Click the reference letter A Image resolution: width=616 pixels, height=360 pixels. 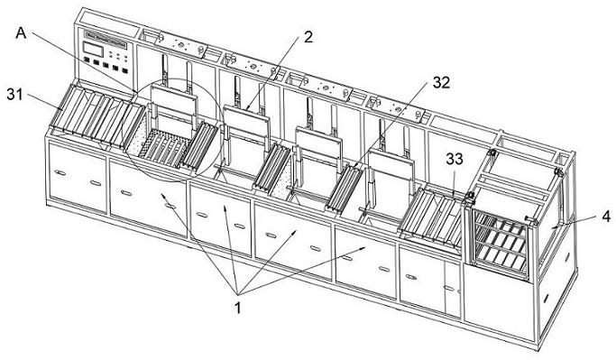pyautogui.click(x=22, y=33)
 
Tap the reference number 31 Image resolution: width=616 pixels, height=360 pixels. pyautogui.click(x=15, y=95)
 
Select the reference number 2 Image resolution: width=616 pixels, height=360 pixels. pyautogui.click(x=308, y=37)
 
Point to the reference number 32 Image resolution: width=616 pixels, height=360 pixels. pyautogui.click(x=441, y=82)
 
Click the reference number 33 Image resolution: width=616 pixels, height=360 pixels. pyautogui.click(x=455, y=159)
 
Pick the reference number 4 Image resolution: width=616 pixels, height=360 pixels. pyautogui.click(x=607, y=216)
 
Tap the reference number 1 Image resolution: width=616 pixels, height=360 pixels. pyautogui.click(x=237, y=308)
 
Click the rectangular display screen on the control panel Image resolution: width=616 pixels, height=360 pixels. pyautogui.click(x=92, y=49)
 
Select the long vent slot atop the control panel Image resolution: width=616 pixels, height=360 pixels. pyautogui.click(x=106, y=40)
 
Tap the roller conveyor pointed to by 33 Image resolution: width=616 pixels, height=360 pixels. pyautogui.click(x=432, y=217)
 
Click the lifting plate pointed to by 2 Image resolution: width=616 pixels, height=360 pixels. pyautogui.click(x=246, y=121)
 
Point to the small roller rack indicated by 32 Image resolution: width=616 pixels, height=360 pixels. pyautogui.click(x=345, y=189)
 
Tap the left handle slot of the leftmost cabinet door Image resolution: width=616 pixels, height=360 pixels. pyautogui.click(x=60, y=173)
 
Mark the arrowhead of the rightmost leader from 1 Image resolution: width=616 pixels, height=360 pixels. pyautogui.click(x=363, y=248)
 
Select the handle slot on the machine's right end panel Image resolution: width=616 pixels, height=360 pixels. pyautogui.click(x=547, y=299)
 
